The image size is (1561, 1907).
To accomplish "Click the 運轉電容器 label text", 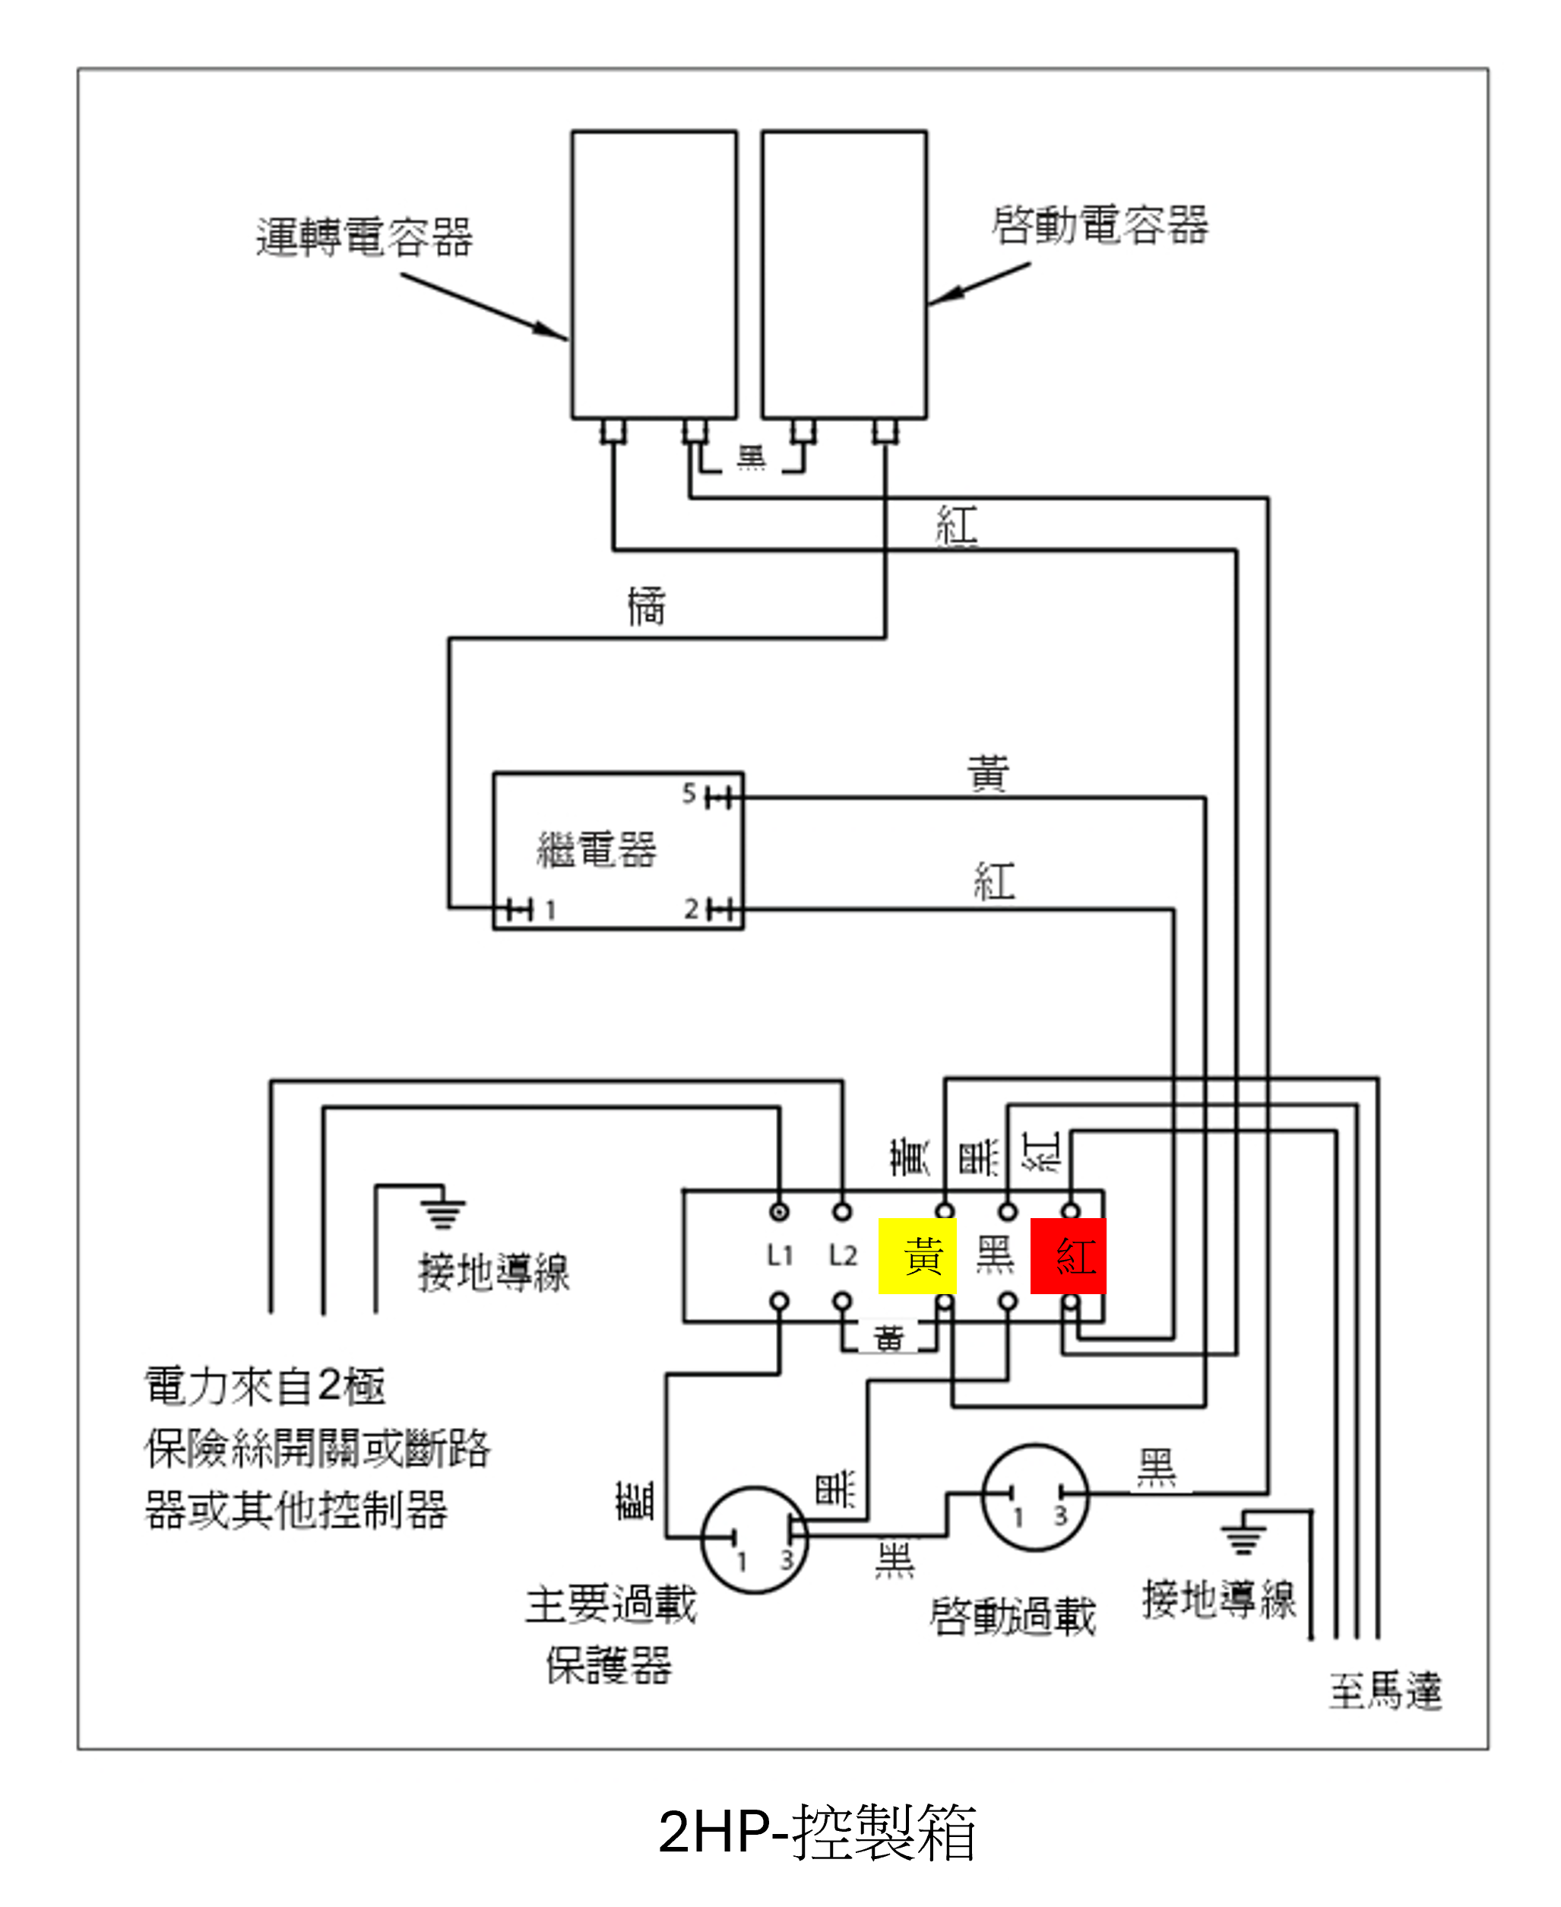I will (x=364, y=237).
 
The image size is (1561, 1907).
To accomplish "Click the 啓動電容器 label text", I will (x=1100, y=225).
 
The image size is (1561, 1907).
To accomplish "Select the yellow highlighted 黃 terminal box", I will (x=917, y=1255).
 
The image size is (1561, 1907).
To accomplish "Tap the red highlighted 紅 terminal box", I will (x=1069, y=1255).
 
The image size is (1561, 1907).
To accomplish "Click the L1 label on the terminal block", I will (x=780, y=1255).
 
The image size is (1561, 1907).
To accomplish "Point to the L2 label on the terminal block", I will (x=843, y=1255).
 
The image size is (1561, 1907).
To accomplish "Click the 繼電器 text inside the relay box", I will (x=597, y=849).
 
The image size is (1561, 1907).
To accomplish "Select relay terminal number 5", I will (x=689, y=793).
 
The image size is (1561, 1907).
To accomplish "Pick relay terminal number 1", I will (x=550, y=910).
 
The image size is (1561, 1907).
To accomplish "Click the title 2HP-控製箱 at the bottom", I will (x=816, y=1832).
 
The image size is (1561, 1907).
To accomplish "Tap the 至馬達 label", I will (x=1385, y=1690).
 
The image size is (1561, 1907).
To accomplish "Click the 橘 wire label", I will (x=647, y=605).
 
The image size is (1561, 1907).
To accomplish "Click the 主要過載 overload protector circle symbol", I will (x=755, y=1539).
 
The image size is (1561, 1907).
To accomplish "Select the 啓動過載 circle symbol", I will (x=1035, y=1497).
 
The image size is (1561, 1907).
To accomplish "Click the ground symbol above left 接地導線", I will (x=442, y=1209).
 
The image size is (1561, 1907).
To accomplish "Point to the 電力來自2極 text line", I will (x=265, y=1386).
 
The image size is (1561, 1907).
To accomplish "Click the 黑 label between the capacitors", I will (x=752, y=457).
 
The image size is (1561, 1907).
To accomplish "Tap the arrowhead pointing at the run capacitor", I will (x=550, y=331).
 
